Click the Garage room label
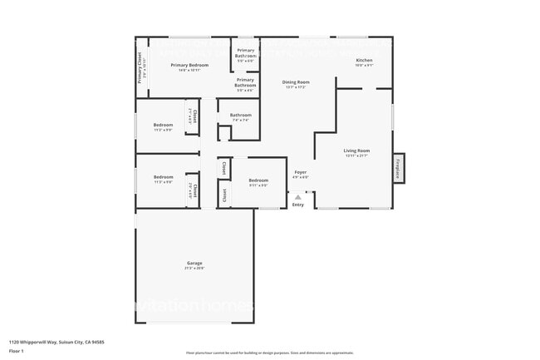tap(194, 264)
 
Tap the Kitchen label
tap(364, 61)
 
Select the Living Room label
tap(357, 150)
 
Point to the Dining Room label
tap(296, 81)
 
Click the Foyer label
tap(301, 172)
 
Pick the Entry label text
tap(298, 205)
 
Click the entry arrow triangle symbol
tap(298, 197)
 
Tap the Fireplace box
tap(399, 168)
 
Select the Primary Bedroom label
tap(189, 65)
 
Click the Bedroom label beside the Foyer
tap(258, 180)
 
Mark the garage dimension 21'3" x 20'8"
tap(194, 269)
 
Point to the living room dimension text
tap(357, 156)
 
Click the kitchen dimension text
tap(364, 66)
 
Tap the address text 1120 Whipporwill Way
tap(56, 342)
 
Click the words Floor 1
tap(17, 351)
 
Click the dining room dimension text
tap(296, 87)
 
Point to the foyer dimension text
tap(301, 177)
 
